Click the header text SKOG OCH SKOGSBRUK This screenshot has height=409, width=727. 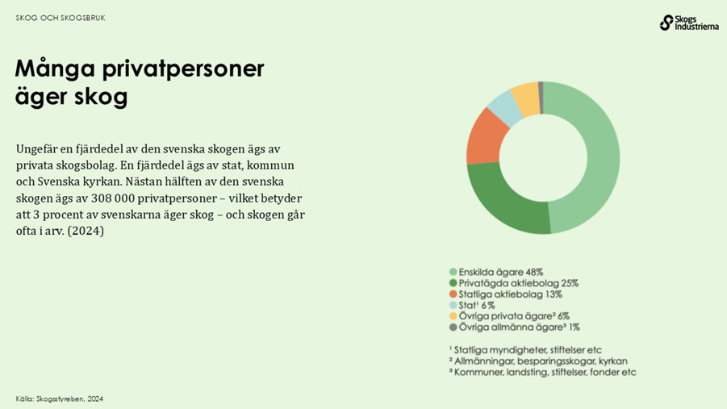coord(61,18)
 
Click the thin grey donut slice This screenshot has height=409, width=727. coord(541,87)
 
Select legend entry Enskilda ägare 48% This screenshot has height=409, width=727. coord(500,272)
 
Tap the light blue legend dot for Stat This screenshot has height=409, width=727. coord(453,306)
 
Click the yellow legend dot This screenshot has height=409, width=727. coord(453,316)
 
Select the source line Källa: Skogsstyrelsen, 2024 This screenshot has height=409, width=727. coord(60,399)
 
